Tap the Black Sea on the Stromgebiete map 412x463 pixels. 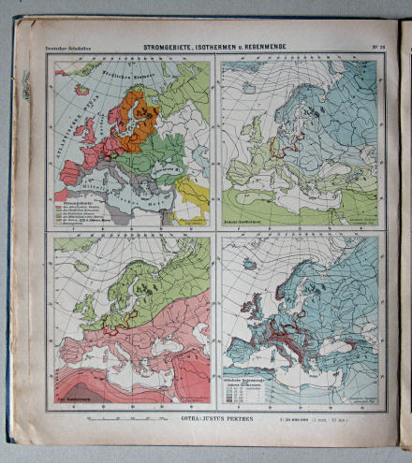coord(163,171)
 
